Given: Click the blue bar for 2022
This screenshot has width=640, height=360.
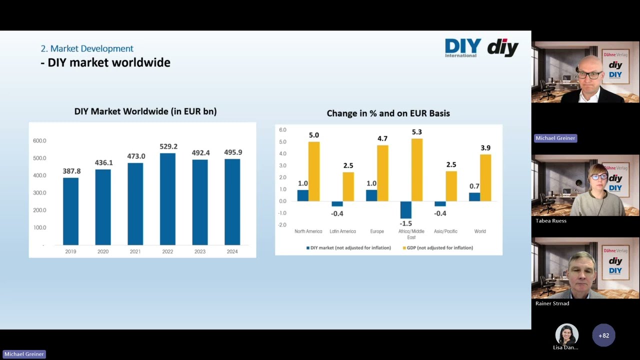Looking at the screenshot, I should tap(167, 199).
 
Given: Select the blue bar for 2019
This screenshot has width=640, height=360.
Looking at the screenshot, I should tap(70, 211).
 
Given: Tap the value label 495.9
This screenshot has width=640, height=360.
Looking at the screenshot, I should tap(233, 152).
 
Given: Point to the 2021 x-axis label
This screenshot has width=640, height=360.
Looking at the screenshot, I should tap(135, 251).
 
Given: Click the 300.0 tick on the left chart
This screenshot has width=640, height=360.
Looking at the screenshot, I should tap(39, 193).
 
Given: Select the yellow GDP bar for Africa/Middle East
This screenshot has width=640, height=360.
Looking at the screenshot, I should tap(416, 169).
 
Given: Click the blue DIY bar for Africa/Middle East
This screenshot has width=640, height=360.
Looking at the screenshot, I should tap(405, 210).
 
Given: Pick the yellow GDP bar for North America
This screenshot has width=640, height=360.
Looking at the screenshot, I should tap(313, 171).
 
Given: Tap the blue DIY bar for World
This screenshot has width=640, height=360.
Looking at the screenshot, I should tap(474, 197).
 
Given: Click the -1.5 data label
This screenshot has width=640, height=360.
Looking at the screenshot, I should tap(405, 223).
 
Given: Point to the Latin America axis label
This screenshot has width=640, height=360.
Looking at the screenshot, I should tap(342, 231).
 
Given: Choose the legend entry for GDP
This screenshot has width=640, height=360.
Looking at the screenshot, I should tap(437, 248).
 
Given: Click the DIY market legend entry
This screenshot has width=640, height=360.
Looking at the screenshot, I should tap(348, 248).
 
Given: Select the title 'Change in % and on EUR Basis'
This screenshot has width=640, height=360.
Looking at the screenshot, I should tap(388, 113).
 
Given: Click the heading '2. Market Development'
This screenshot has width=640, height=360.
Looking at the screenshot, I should tap(87, 48).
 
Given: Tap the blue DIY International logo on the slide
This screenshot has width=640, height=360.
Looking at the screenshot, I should tap(462, 47).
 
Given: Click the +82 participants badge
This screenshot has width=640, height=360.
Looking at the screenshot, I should tap(603, 335).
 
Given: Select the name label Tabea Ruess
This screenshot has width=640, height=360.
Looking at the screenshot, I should tap(551, 220).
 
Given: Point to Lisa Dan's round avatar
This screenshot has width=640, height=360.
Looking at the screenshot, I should tap(566, 334).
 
